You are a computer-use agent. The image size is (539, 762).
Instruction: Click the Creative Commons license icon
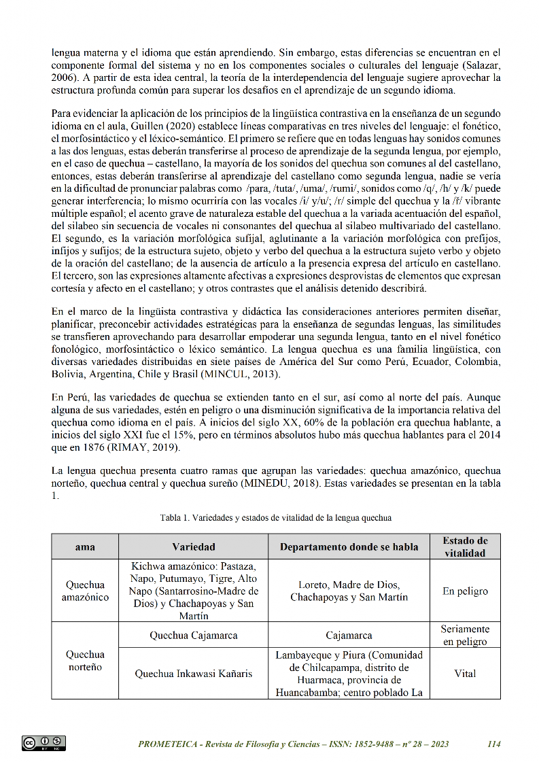tap(44, 743)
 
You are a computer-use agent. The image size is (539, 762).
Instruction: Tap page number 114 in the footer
tap(494, 744)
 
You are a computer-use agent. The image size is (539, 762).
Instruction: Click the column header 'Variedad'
tap(194, 547)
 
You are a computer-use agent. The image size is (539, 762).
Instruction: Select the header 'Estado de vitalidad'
tap(465, 547)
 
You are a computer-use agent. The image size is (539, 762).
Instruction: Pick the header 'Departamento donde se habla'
tap(349, 547)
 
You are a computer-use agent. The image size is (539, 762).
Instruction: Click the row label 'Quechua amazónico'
tap(85, 591)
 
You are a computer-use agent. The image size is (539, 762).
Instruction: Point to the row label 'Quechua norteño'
tap(85, 661)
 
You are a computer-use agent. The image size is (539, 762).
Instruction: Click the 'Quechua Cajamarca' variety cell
tap(194, 636)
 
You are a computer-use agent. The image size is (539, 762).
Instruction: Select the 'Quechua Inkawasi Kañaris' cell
tap(194, 674)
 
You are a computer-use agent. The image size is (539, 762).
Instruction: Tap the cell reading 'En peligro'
tap(465, 591)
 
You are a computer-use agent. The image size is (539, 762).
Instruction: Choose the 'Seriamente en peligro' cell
tap(465, 636)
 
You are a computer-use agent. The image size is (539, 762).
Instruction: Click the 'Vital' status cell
tap(465, 674)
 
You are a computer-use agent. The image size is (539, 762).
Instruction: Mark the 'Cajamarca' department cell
tap(349, 636)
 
